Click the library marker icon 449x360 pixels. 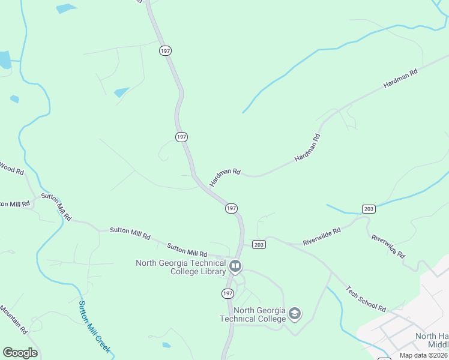point(235,265)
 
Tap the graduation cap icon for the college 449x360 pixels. point(294,313)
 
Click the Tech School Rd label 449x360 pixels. point(366,298)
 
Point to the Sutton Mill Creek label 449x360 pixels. point(95,326)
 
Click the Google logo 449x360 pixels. point(20,353)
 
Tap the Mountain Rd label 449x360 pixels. point(13,319)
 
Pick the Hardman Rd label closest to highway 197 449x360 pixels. point(224,176)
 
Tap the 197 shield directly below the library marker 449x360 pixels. point(228,293)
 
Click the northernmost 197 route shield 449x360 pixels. point(166,51)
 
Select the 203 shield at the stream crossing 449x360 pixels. point(369,209)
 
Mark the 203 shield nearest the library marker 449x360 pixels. point(259,244)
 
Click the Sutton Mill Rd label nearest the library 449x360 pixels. point(187,249)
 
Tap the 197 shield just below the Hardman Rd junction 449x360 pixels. point(232,208)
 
